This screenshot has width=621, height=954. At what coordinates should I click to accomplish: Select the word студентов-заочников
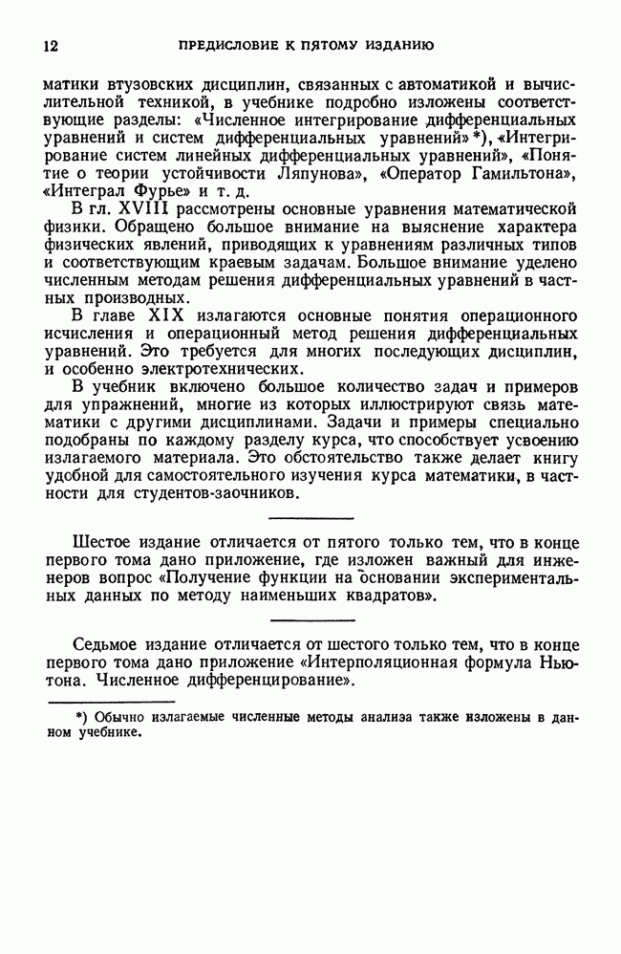pyautogui.click(x=211, y=494)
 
